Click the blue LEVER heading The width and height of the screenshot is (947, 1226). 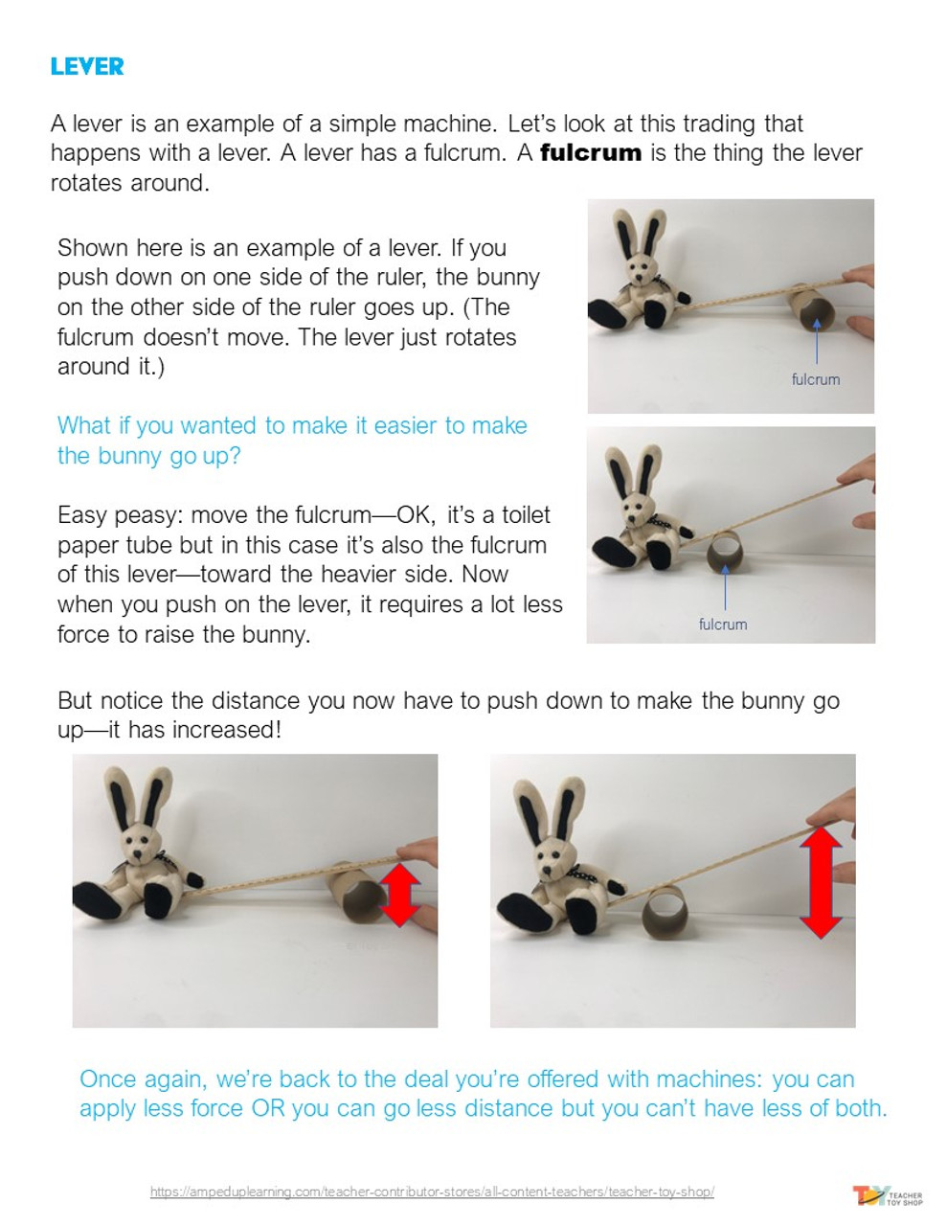point(87,66)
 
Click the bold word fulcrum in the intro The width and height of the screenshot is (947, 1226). point(590,153)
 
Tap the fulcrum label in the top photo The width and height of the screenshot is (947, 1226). point(815,379)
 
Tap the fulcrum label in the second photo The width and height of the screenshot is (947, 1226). point(722,624)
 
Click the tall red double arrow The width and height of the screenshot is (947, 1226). point(821,881)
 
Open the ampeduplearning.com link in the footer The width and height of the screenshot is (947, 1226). point(432,1192)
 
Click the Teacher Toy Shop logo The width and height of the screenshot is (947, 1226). point(888,1195)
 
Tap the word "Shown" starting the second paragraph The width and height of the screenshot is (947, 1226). point(93,248)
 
